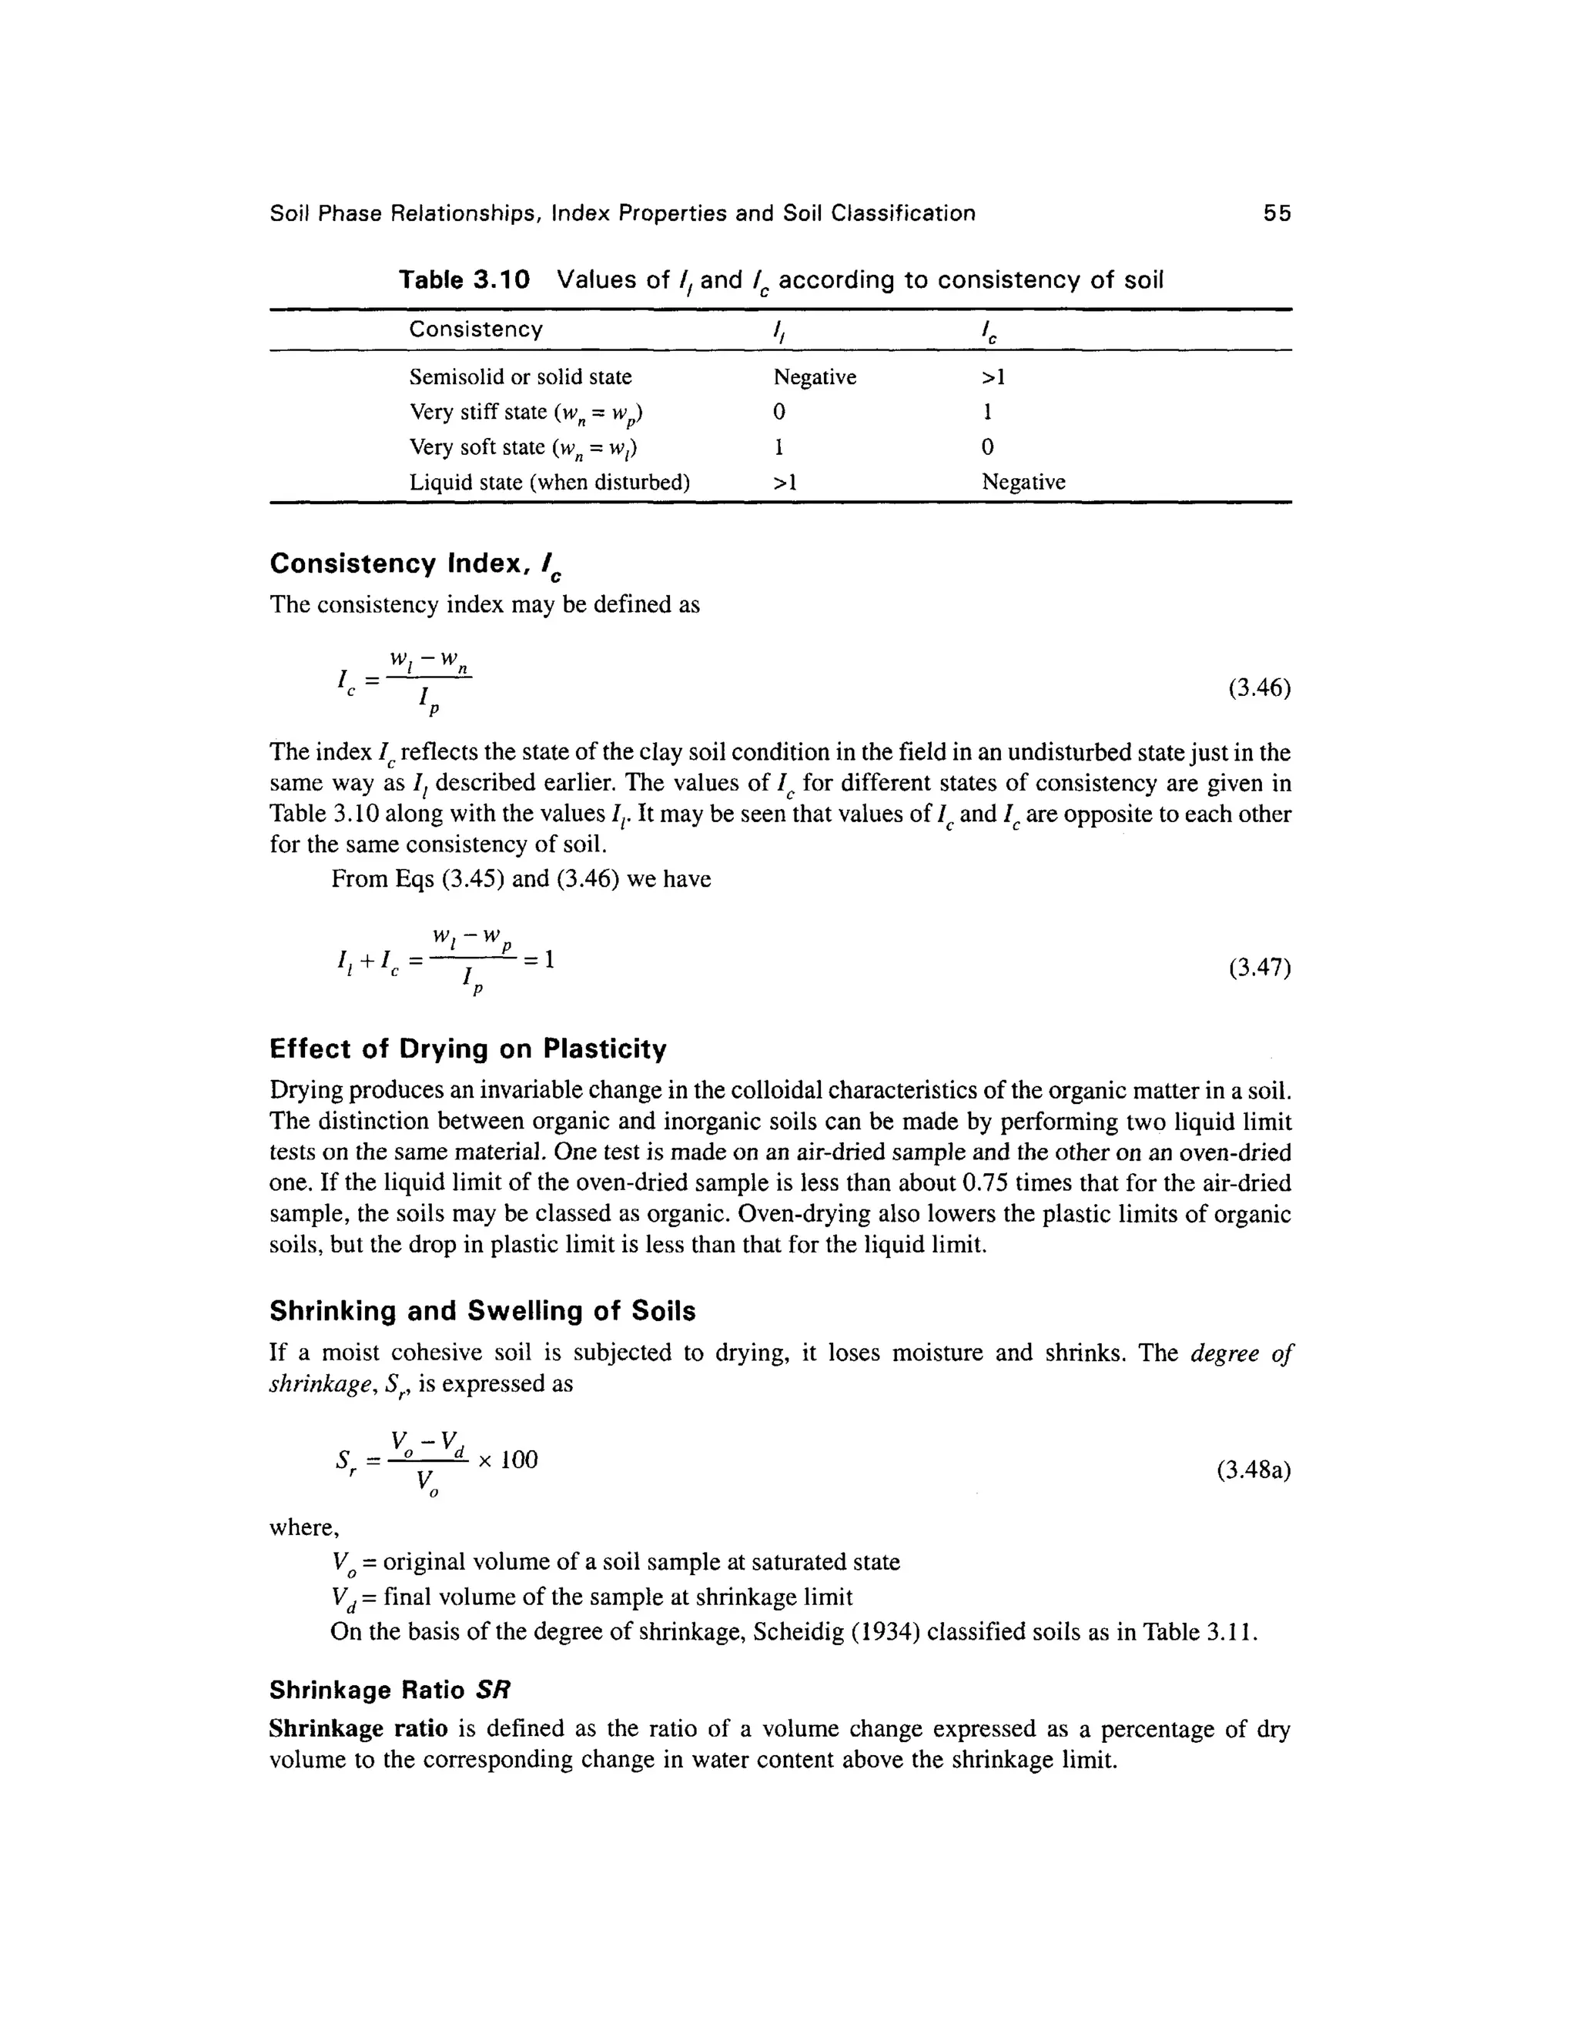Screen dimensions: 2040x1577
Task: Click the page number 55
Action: pyautogui.click(x=1276, y=214)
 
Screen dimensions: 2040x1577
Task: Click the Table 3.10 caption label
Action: pyautogui.click(x=464, y=279)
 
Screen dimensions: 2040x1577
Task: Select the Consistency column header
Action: pyautogui.click(x=476, y=329)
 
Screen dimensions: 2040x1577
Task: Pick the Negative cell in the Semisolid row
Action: pyautogui.click(x=814, y=377)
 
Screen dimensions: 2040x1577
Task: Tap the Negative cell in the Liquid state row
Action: pyautogui.click(x=1023, y=483)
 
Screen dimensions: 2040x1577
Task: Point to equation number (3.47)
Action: pyautogui.click(x=1258, y=968)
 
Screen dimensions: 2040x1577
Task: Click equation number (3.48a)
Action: pyautogui.click(x=1253, y=1471)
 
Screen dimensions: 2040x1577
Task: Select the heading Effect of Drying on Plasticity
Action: pyautogui.click(x=468, y=1050)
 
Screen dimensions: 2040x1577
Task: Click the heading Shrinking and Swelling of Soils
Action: pyautogui.click(x=482, y=1312)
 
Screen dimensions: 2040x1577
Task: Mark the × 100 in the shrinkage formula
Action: pyautogui.click(x=508, y=1460)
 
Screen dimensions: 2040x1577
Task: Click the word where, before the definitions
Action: pyautogui.click(x=303, y=1528)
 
